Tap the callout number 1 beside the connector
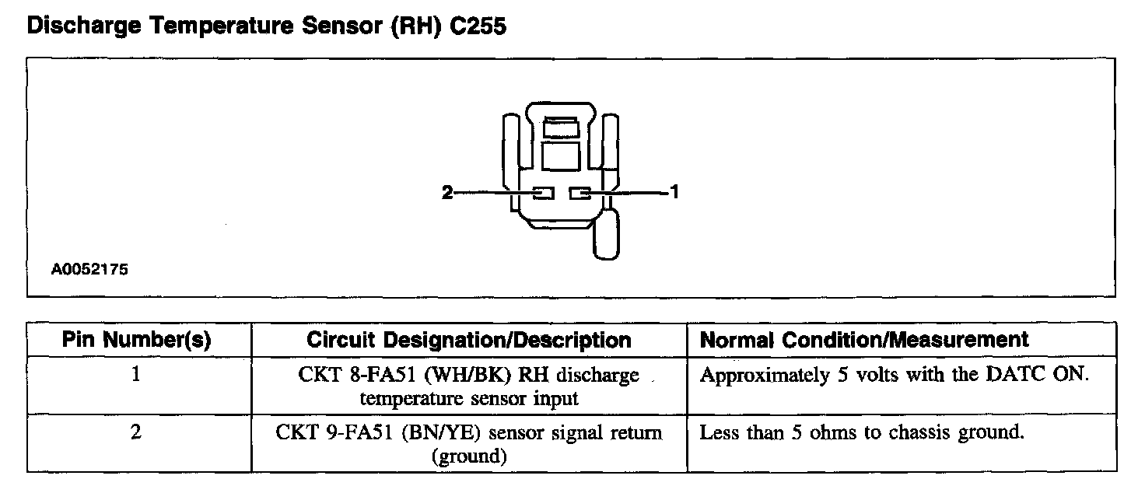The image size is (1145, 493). [674, 192]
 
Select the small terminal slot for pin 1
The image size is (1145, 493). [580, 192]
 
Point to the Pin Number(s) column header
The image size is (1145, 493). [137, 340]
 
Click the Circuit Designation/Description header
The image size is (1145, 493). [468, 340]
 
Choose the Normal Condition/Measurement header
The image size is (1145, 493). [864, 340]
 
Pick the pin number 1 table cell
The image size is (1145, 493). [137, 375]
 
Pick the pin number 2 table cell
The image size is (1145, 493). [137, 432]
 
